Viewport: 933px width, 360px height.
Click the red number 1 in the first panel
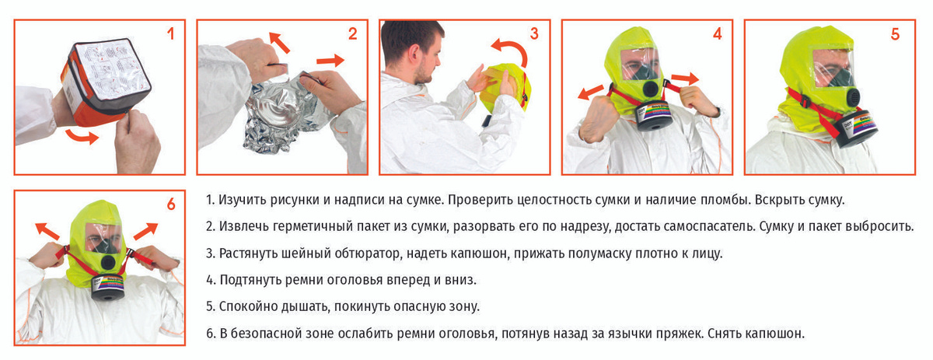click(171, 33)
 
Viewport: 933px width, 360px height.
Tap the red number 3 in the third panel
click(534, 33)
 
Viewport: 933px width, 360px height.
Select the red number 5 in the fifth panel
click(895, 34)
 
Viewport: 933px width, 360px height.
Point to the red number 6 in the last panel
click(171, 204)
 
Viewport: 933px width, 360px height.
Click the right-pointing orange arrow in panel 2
click(330, 61)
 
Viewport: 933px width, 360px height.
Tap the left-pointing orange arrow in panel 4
click(591, 92)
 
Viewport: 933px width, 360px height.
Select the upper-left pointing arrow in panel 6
click(47, 230)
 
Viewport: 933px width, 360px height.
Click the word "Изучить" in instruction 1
click(243, 201)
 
